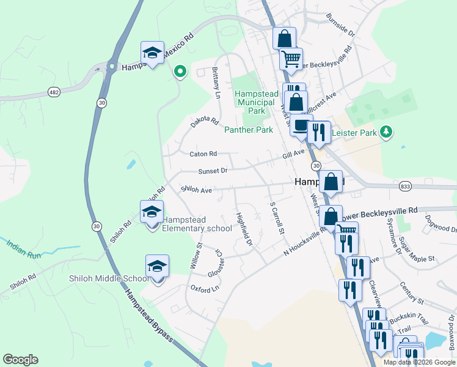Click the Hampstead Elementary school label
[x=197, y=224]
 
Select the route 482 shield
[x=53, y=92]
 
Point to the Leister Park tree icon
[x=386, y=132]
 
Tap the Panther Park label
[x=249, y=130]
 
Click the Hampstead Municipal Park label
[x=257, y=103]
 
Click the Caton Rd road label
[x=203, y=154]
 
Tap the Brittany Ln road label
[x=216, y=82]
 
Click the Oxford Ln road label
[x=205, y=288]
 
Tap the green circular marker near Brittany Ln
[x=180, y=72]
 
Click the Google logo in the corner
[x=20, y=360]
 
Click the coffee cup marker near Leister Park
[x=301, y=125]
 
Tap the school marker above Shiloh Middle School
[x=157, y=266]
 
